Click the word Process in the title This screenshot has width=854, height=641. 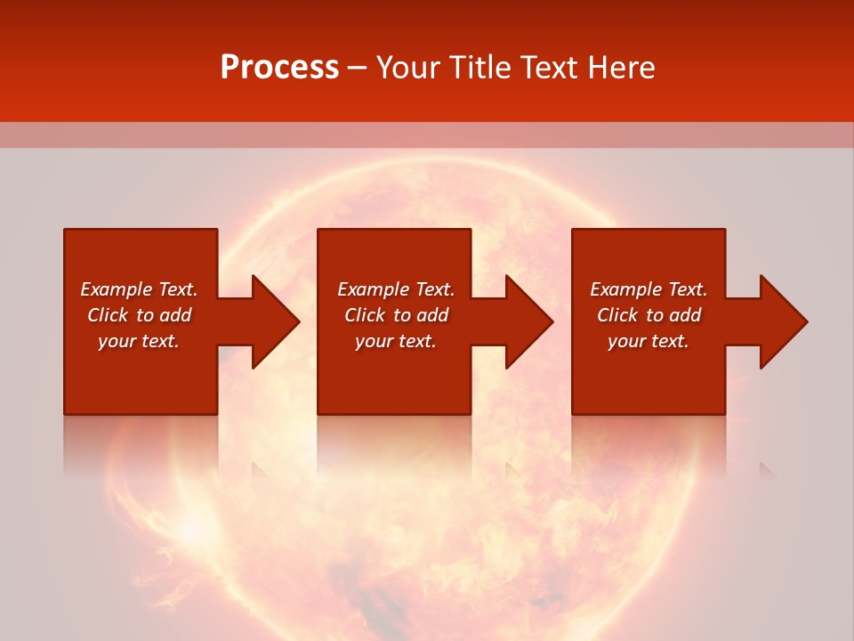pyautogui.click(x=279, y=68)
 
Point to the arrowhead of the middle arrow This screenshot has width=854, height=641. pyautogui.click(x=534, y=321)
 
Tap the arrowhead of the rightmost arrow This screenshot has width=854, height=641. pyautogui.click(x=788, y=321)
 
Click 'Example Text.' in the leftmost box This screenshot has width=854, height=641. pyautogui.click(x=139, y=289)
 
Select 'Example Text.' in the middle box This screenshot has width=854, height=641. pyautogui.click(x=396, y=289)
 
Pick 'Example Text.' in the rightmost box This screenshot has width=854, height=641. pyautogui.click(x=649, y=289)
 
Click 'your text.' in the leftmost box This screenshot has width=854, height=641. pyautogui.click(x=139, y=341)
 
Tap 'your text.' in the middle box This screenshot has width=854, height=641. pyautogui.click(x=396, y=341)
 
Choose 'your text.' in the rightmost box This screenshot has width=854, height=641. pyautogui.click(x=649, y=341)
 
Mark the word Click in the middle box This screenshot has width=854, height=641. pyautogui.click(x=365, y=315)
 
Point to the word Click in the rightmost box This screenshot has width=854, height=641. pyautogui.click(x=617, y=315)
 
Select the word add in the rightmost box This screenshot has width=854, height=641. pyautogui.click(x=685, y=315)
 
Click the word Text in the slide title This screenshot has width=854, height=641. pyautogui.click(x=552, y=68)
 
